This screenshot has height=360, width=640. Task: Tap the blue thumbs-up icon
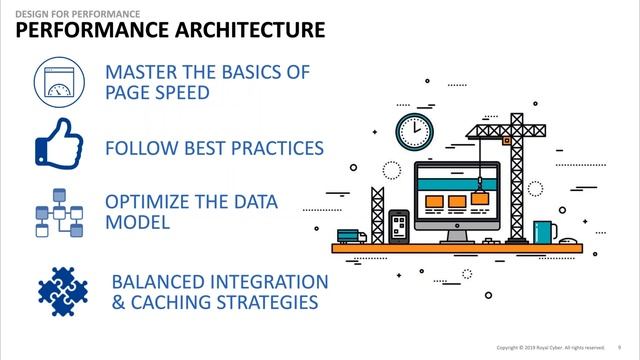(58, 146)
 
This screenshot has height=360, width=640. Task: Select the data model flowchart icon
(58, 210)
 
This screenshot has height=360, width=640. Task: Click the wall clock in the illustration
(413, 131)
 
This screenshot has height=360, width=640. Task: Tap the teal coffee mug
(544, 232)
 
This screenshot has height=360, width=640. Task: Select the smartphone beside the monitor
(398, 226)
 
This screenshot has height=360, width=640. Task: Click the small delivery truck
(349, 236)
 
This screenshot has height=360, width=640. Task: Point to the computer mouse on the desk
(571, 239)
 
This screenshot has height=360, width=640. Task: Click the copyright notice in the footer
(549, 347)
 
